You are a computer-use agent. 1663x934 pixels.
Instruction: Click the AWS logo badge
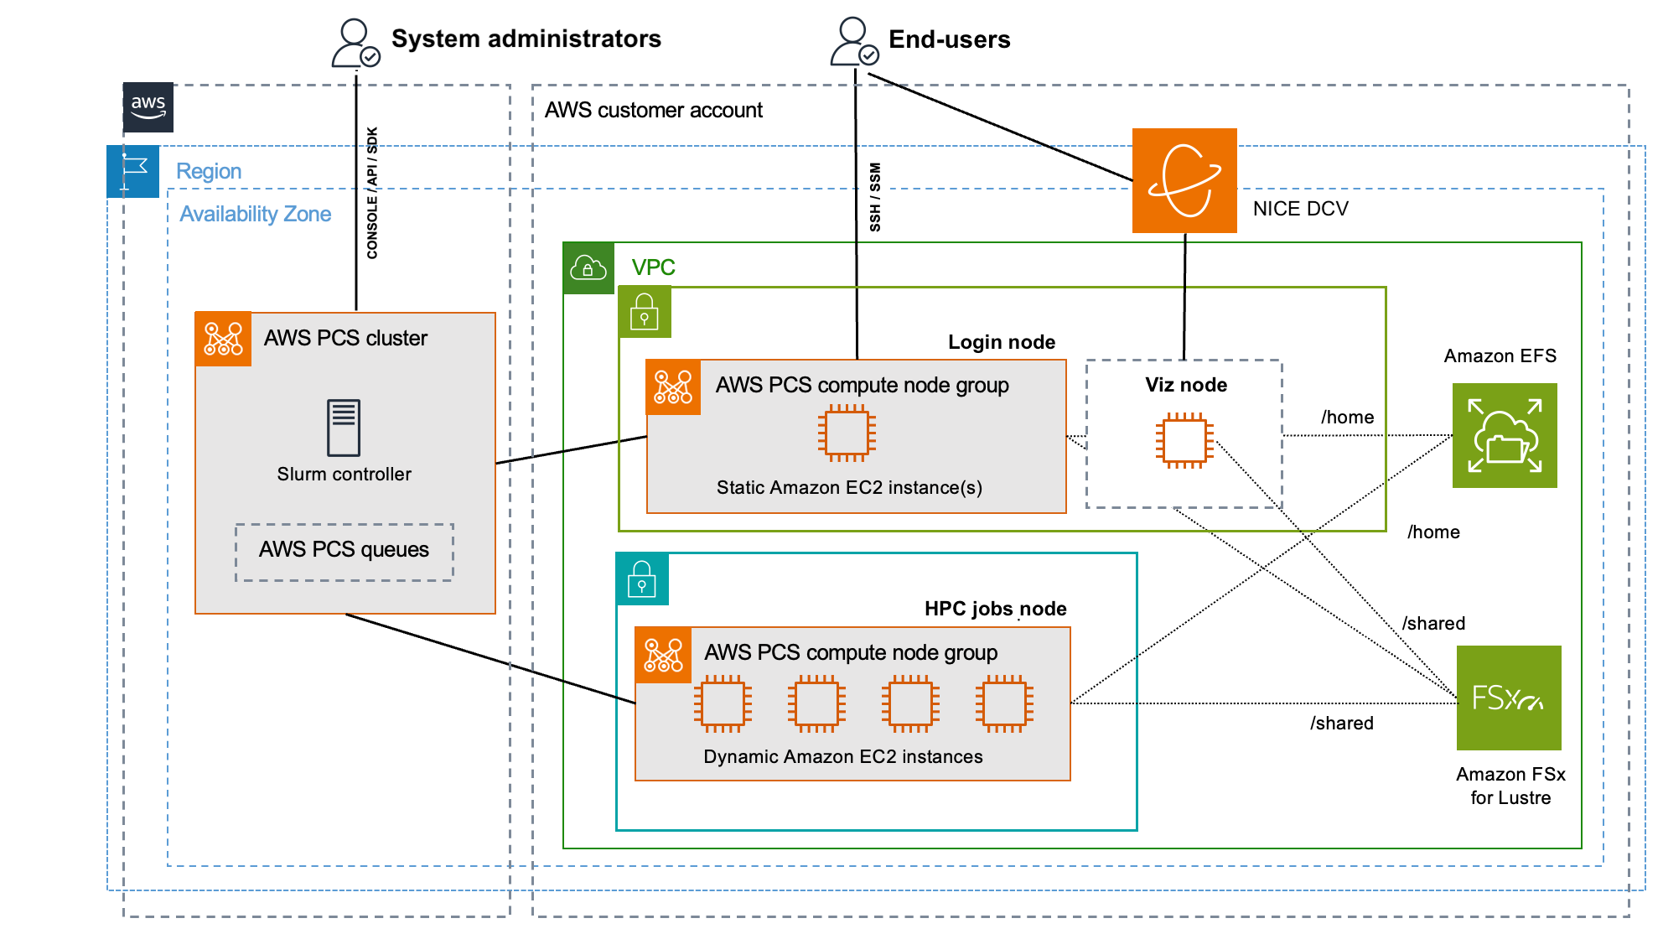(148, 107)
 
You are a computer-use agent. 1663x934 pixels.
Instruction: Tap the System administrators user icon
(355, 44)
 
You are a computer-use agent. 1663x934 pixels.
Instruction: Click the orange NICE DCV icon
(1184, 180)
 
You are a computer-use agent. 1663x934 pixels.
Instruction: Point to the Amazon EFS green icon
(1505, 435)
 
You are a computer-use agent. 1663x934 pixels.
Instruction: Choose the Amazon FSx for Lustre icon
(1509, 698)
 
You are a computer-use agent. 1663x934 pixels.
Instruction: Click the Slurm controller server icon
(344, 427)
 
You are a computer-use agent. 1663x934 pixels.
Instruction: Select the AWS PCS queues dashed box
(345, 552)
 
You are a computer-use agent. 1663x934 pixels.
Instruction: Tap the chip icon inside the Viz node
(1184, 440)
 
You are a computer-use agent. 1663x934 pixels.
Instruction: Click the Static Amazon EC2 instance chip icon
(847, 433)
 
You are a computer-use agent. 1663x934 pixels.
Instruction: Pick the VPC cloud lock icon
(588, 268)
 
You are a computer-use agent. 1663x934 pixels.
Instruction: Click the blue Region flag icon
(133, 171)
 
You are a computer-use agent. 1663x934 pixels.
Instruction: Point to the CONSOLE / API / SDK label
(372, 193)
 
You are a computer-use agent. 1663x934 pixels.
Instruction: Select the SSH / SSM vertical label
(875, 197)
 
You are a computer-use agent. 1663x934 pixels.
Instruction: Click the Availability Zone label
(256, 214)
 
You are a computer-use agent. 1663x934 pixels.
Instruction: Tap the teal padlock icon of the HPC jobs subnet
(642, 579)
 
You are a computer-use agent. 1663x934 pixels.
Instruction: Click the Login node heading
(1002, 342)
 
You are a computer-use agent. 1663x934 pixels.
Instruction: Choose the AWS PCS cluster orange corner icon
(223, 339)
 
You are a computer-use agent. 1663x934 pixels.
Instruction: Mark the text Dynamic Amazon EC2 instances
(843, 756)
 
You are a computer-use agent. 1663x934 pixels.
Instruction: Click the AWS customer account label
(654, 110)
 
